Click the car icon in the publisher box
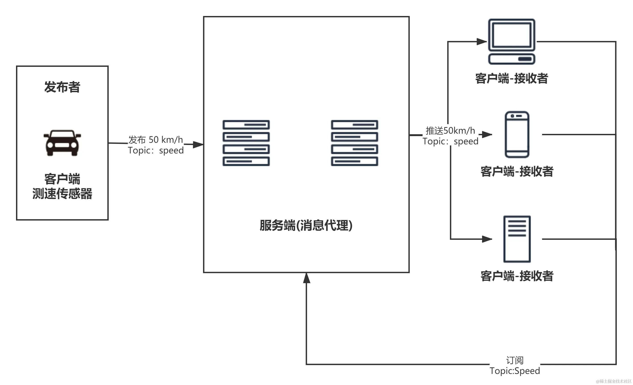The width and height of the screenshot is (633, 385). [x=62, y=143]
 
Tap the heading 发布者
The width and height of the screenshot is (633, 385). [x=62, y=87]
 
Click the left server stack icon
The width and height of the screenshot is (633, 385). [x=246, y=143]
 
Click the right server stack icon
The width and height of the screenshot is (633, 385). [x=354, y=143]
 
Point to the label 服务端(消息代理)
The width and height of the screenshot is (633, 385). [x=306, y=226]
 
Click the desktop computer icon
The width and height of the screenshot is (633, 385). [x=511, y=41]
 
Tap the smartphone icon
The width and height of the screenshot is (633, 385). [x=517, y=134]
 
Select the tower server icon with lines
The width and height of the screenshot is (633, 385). [x=517, y=239]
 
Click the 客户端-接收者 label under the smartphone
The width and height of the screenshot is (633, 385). [x=517, y=171]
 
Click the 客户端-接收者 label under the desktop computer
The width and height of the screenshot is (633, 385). [x=511, y=79]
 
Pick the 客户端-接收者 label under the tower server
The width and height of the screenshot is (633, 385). [x=517, y=276]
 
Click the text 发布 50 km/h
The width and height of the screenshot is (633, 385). [x=155, y=140]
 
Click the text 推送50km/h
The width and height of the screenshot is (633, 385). [x=450, y=131]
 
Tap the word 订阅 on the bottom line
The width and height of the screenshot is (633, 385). [x=515, y=360]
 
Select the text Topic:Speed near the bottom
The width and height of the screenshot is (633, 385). [x=515, y=371]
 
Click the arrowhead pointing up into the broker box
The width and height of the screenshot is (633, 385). [x=306, y=278]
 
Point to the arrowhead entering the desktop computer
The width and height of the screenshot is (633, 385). [x=481, y=41]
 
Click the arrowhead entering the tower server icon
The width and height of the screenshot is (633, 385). [x=487, y=239]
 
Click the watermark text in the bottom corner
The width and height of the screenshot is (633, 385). [x=613, y=381]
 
